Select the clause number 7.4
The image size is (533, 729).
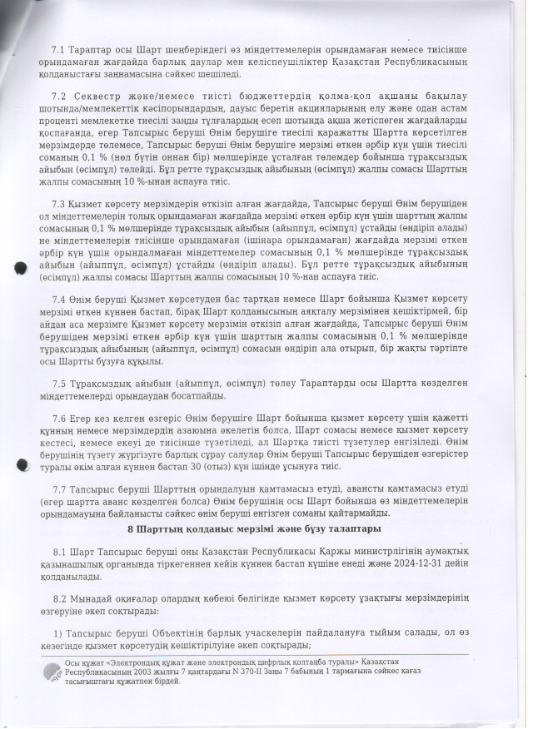pos(57,298)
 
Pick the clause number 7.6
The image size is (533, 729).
pos(57,418)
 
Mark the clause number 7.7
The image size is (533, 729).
pos(57,489)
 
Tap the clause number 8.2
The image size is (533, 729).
pos(58,598)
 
